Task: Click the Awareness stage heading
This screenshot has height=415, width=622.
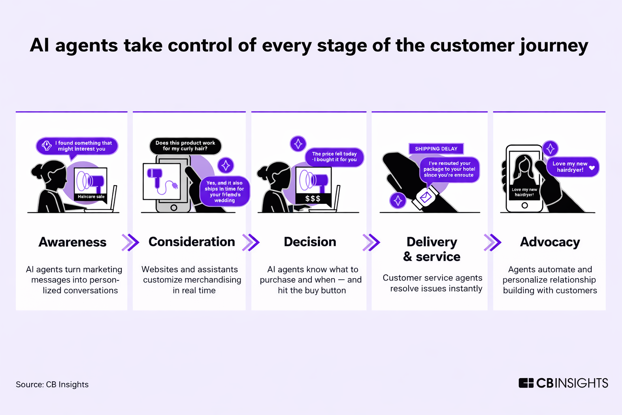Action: coord(72,242)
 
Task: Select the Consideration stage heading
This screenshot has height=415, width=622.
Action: coord(192,242)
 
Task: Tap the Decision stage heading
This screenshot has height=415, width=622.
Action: coord(310,242)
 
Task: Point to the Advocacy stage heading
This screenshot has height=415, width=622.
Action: coord(550,242)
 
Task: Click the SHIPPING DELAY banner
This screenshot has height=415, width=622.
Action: coord(436,149)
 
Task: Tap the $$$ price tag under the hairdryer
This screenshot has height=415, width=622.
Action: coord(313,199)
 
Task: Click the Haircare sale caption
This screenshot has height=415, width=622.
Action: coord(91,197)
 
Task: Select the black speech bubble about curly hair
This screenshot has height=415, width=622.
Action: coord(185,146)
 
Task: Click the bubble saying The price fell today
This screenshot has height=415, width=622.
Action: coord(334,157)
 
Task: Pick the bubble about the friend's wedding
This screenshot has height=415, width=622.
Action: coord(224,191)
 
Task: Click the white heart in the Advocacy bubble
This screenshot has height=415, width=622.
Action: coord(592,167)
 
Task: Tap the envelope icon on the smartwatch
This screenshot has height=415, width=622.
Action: coord(426,197)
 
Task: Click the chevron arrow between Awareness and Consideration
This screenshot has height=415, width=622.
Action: coord(130,242)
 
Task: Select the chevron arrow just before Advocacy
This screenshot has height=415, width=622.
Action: coord(492,242)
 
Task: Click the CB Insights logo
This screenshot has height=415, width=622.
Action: coord(563,383)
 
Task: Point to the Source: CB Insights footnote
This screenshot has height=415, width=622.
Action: coord(52,384)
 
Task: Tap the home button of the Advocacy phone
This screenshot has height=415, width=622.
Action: coord(524,205)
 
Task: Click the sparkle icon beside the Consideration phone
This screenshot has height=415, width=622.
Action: coord(226,165)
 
